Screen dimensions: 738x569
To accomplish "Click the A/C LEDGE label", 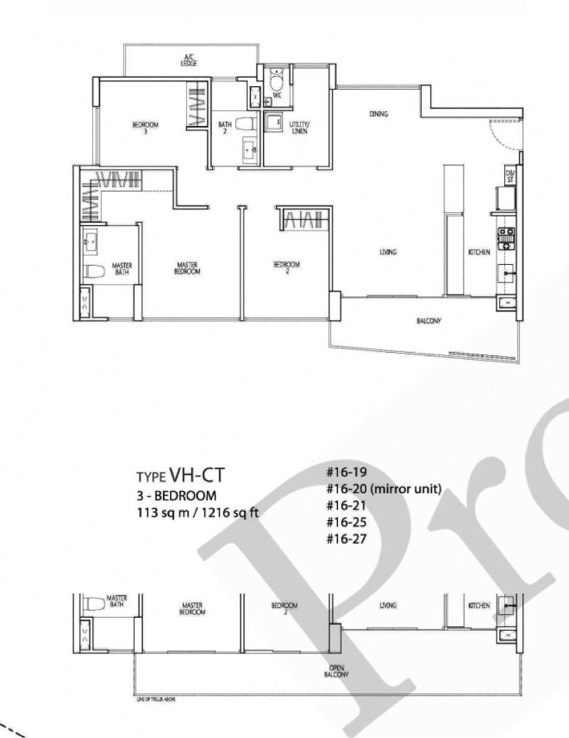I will [188, 61].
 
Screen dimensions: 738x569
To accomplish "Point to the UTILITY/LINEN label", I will [299, 128].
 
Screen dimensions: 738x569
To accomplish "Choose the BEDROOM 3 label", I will [145, 127].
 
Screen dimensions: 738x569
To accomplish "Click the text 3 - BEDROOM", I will [171, 495].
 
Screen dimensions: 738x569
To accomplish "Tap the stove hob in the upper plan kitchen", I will [508, 236].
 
